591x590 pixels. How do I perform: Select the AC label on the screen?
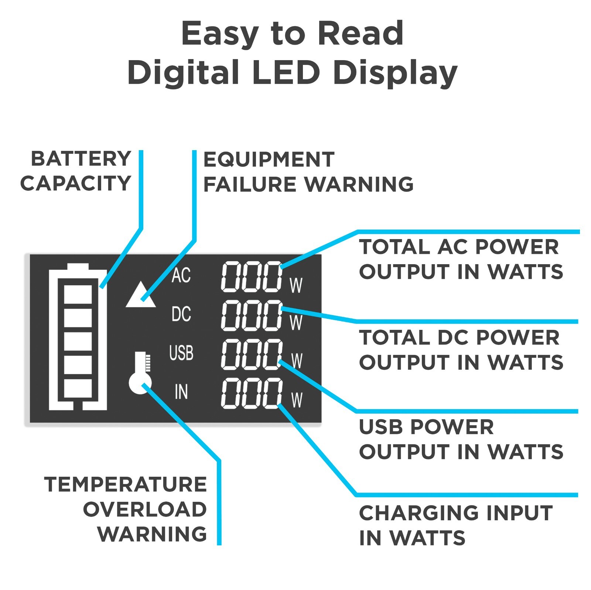coord(181,275)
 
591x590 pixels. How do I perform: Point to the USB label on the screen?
coord(181,353)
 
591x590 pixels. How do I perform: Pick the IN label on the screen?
coord(181,392)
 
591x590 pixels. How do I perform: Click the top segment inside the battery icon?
coord(78,294)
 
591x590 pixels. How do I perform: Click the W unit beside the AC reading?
coord(296,285)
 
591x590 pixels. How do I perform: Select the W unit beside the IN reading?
coord(297,400)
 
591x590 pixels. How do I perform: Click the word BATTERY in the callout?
coord(81,159)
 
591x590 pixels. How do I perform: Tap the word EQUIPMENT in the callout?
coord(269,160)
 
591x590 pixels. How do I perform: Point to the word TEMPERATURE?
coord(125,484)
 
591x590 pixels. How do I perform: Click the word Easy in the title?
coord(219,34)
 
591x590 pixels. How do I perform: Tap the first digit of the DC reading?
coord(232,315)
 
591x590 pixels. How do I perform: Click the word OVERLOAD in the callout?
coord(144,510)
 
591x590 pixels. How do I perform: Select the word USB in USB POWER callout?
coord(381,427)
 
